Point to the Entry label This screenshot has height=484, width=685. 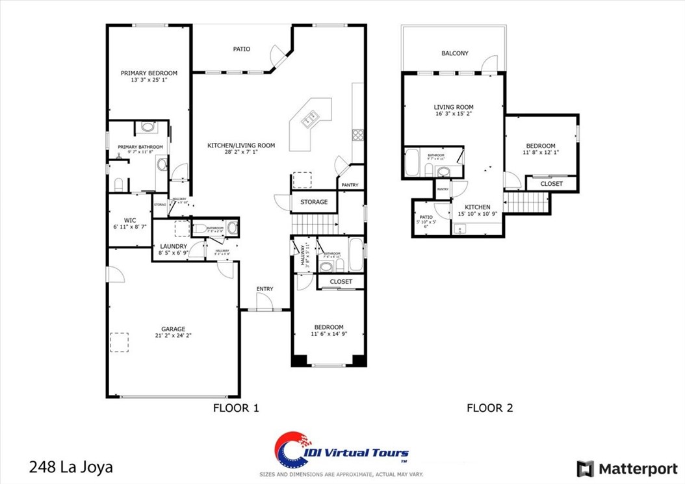[265, 289]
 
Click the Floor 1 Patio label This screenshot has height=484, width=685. [242, 49]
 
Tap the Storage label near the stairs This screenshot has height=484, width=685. [314, 202]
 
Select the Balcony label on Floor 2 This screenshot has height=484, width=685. [455, 54]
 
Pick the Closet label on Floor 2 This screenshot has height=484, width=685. [552, 184]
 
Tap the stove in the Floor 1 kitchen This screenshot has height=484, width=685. [358, 135]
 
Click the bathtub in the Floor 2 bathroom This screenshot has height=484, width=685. [411, 162]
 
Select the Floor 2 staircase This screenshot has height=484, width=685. [527, 203]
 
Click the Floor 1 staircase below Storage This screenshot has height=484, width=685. [315, 225]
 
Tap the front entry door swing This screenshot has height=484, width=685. [265, 302]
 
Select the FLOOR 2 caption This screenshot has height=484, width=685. [489, 408]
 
